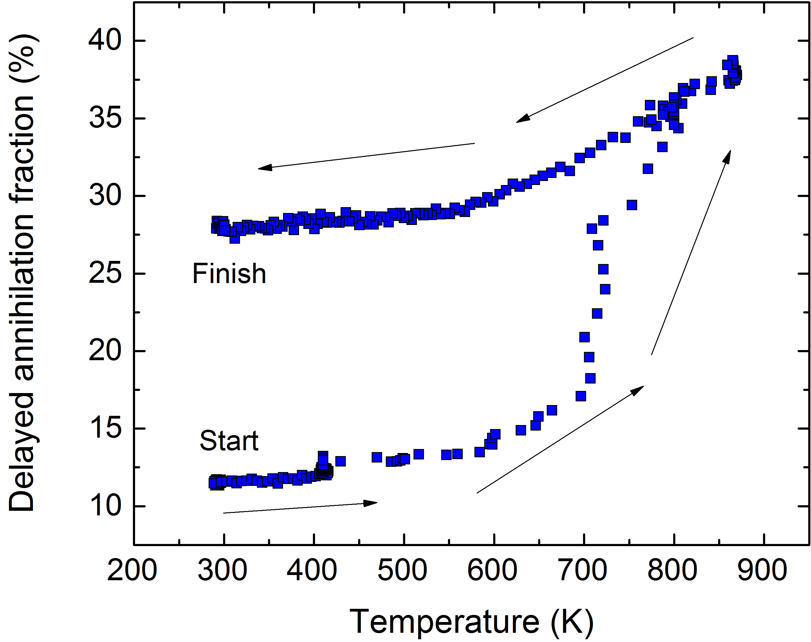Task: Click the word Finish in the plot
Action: coord(229,274)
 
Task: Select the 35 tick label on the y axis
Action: coord(105,118)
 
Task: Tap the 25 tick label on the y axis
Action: coord(105,274)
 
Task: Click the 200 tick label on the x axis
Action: coord(132,570)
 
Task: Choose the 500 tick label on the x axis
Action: coord(402,570)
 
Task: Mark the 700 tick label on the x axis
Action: coord(583,570)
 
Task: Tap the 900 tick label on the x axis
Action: coord(762,570)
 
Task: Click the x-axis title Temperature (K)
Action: coord(472,621)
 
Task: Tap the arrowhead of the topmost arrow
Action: coord(522,119)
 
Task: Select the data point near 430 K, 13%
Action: coord(340,461)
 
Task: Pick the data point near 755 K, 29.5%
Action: coord(632,205)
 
